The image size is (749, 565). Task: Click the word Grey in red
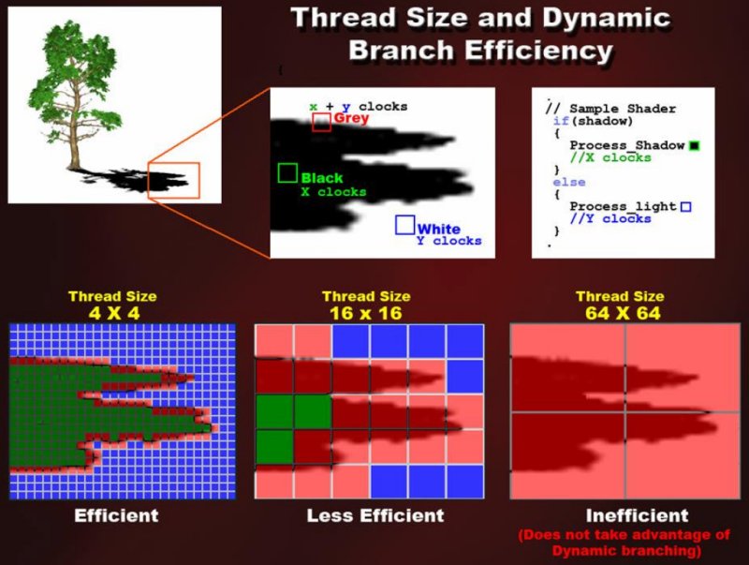[351, 117]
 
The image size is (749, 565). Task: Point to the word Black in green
[322, 178]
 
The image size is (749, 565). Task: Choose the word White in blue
[438, 229]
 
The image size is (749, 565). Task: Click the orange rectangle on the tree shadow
[173, 163]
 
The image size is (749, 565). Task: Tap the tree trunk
[75, 129]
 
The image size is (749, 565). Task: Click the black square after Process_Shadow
[694, 146]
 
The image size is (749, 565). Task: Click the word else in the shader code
[569, 182]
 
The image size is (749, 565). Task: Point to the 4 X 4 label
[114, 314]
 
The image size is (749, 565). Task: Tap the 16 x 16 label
[366, 314]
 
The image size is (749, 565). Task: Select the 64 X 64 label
[623, 314]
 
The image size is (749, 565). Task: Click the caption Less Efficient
[375, 515]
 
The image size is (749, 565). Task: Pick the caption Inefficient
[638, 515]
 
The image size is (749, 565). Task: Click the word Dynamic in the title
[606, 18]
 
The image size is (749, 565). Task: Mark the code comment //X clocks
[610, 157]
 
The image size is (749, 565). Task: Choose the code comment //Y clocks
[610, 219]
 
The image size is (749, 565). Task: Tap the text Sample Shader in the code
[623, 109]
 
